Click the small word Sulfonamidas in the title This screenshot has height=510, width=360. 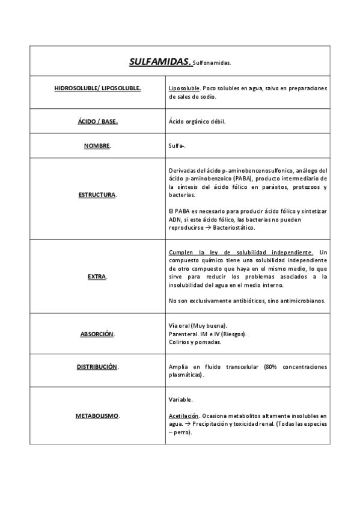[212, 63]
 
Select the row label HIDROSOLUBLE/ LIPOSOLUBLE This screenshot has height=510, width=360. [97, 88]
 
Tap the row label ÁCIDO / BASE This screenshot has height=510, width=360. [97, 121]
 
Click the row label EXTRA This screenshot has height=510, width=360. [97, 277]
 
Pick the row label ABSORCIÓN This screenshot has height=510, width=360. [97, 334]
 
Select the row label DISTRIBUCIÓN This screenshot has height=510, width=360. [97, 366]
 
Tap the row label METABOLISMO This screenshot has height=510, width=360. [97, 416]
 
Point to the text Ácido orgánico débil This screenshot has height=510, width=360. [197, 121]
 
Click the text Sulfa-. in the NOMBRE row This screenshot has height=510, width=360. [177, 146]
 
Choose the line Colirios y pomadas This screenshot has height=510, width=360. [195, 342]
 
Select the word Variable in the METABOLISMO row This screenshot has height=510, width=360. [181, 399]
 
